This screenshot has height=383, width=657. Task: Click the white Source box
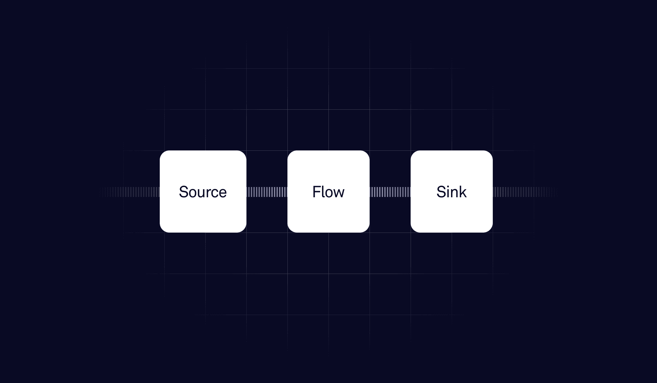click(203, 212)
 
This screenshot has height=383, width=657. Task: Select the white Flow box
click(328, 212)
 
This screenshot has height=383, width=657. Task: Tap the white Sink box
click(451, 212)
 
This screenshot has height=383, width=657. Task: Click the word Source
click(203, 192)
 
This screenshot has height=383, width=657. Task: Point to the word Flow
click(328, 192)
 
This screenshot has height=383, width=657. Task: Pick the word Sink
click(451, 192)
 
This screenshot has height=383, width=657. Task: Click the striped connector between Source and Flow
click(267, 192)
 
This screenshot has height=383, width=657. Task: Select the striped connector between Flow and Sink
click(390, 192)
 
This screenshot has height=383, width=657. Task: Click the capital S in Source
click(184, 192)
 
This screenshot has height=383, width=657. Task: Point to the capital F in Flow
click(316, 192)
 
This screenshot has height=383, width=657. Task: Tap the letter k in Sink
click(463, 192)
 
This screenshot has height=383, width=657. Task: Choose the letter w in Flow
click(338, 193)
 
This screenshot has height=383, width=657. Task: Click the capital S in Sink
click(441, 192)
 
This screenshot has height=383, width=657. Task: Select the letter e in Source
click(222, 193)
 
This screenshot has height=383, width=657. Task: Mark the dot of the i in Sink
click(448, 186)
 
